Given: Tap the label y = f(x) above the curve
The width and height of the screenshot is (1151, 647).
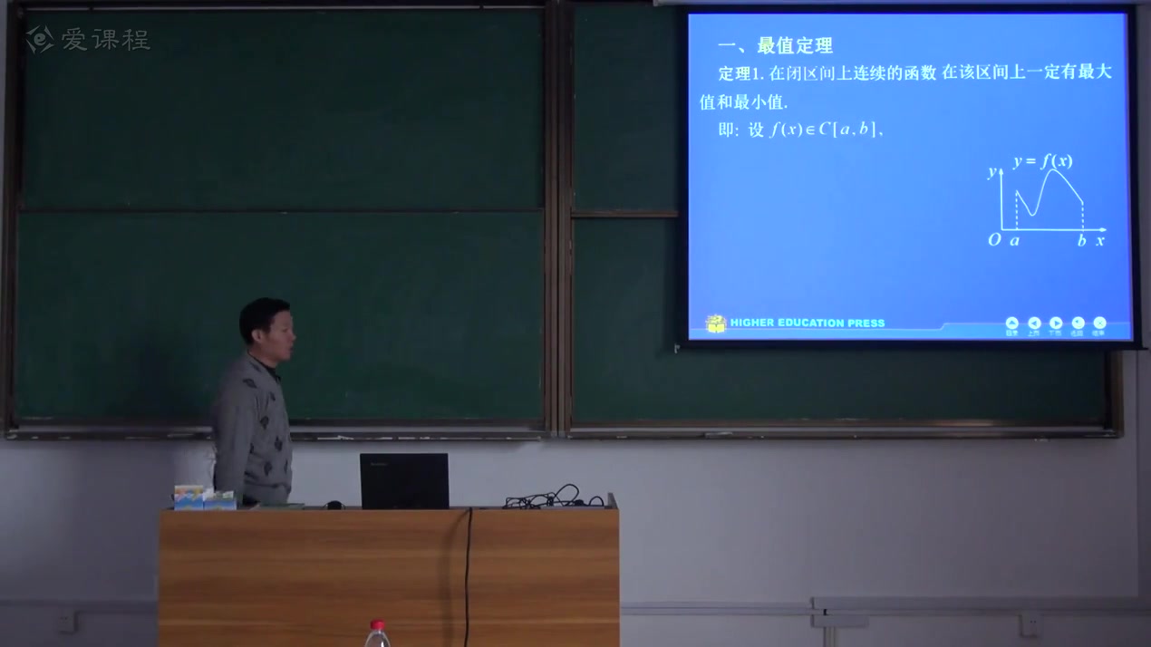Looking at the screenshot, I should tap(1043, 161).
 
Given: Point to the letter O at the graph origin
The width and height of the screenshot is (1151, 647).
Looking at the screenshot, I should tap(994, 240).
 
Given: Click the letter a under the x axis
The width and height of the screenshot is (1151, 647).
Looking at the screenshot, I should tap(1015, 240).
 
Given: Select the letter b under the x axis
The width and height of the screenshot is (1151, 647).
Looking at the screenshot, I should tap(1081, 240).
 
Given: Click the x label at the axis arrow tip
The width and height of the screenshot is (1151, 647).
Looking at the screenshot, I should tap(1100, 240).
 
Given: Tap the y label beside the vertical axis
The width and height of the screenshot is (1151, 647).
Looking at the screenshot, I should tap(991, 172).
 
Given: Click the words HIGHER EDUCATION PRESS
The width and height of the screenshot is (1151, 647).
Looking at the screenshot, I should tap(807, 323).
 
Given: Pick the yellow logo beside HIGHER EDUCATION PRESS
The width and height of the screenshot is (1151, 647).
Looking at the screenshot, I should tap(716, 323).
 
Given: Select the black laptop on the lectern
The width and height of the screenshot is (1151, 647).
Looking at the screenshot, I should tap(404, 480).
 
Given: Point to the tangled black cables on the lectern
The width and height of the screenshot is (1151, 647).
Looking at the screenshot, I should tap(553, 497).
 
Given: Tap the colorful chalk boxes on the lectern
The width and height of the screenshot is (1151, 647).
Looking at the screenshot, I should tap(204, 497).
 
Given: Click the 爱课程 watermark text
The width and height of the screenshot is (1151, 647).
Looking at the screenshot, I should tap(105, 39).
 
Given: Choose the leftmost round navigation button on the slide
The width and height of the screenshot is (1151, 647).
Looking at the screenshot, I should tap(1011, 323).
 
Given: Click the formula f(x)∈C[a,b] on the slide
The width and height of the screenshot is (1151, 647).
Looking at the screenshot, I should tap(824, 130).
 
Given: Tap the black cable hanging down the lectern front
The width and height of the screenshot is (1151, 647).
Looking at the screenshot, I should tap(469, 571).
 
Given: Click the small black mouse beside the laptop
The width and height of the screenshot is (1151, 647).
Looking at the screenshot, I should tap(334, 504).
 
